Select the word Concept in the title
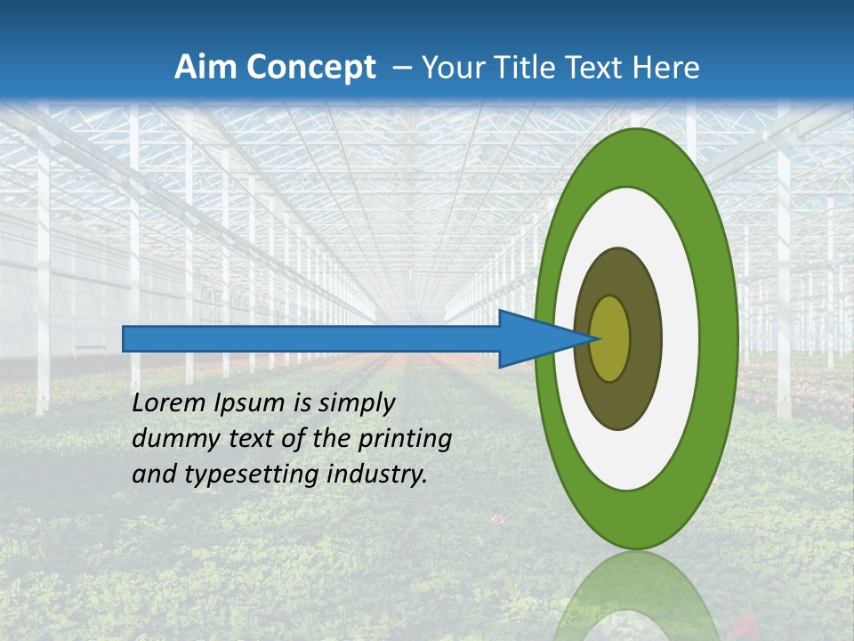point(311,68)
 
